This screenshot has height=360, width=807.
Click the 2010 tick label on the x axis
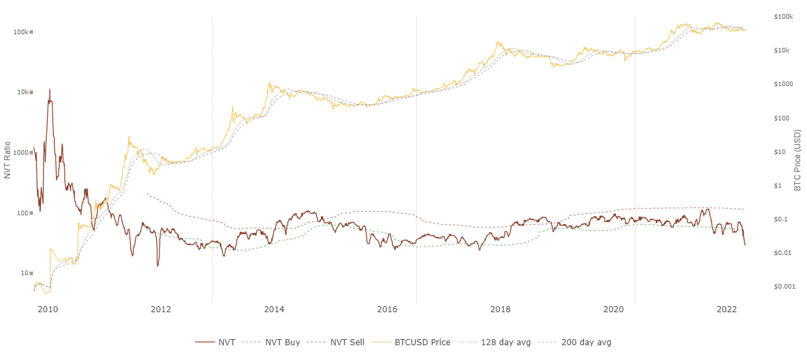click(47, 310)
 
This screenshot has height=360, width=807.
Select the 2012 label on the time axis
click(161, 310)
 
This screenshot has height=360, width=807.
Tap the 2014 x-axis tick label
click(274, 310)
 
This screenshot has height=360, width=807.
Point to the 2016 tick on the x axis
click(387, 310)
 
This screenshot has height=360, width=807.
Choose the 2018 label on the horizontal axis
click(500, 310)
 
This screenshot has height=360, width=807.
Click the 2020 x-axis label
click(613, 310)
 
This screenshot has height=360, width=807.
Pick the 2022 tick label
click(727, 310)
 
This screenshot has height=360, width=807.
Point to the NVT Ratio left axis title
click(7, 160)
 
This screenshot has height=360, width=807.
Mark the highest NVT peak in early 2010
click(50, 89)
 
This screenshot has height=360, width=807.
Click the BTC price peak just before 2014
click(269, 83)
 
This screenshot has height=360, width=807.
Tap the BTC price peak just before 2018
click(498, 42)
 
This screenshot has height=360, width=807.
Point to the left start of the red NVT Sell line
click(146, 194)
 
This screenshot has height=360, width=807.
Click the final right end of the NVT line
click(744, 245)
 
